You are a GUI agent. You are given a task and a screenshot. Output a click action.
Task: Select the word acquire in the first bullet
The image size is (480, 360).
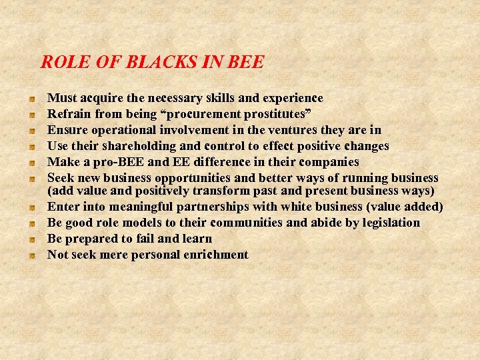pos(101,98)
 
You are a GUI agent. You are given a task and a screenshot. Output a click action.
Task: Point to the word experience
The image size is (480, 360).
pos(291,98)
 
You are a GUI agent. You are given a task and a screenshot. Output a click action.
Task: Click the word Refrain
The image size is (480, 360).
pos(69,114)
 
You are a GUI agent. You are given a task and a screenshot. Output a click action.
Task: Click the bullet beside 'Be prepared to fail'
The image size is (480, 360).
pos(31,239)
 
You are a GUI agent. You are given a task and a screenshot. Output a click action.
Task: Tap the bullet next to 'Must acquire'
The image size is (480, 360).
pos(31,99)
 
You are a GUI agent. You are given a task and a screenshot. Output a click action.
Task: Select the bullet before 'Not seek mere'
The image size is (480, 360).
pos(31,255)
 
